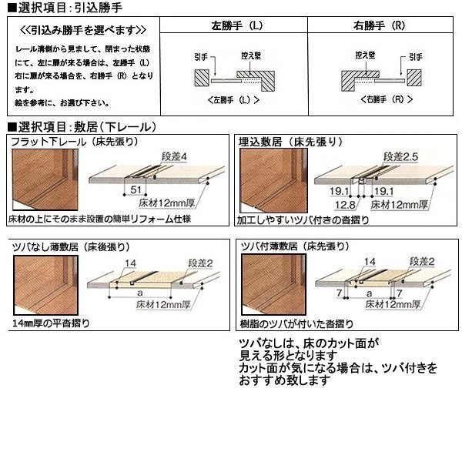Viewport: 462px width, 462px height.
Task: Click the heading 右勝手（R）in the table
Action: coord(382,26)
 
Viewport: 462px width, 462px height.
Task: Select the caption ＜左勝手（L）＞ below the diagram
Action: coord(233,101)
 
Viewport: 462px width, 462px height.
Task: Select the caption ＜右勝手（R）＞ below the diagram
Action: coord(383,101)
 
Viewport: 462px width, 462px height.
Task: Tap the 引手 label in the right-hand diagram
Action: coord(415,56)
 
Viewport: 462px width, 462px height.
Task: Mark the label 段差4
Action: coord(174,157)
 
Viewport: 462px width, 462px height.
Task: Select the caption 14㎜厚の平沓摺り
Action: coord(50,322)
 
